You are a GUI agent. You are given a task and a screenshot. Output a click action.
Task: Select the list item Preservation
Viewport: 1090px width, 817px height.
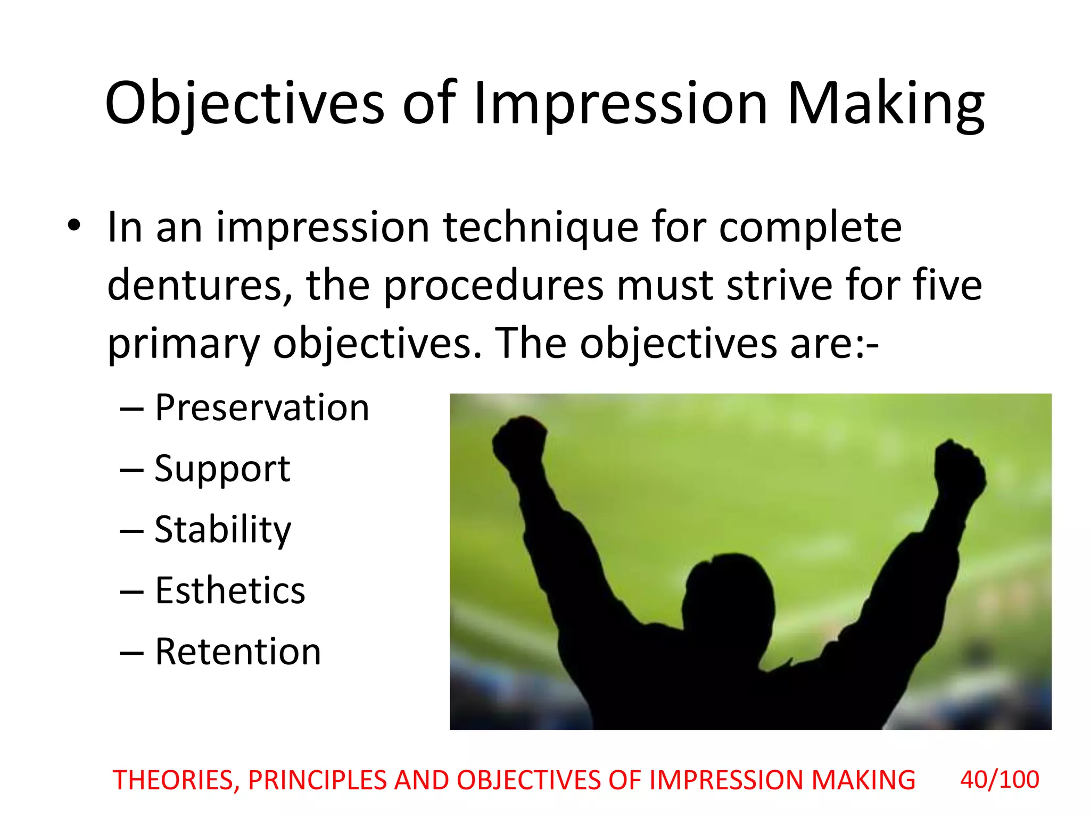262,408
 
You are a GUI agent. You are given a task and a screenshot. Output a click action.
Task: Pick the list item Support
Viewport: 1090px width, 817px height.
222,470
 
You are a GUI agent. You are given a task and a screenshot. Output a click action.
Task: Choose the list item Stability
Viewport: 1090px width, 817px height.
223,530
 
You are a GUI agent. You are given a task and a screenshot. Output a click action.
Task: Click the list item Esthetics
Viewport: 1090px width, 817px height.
230,591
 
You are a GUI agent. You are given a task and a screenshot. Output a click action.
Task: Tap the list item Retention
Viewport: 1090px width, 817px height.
238,652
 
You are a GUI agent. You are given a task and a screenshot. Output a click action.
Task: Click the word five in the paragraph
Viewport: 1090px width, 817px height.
947,286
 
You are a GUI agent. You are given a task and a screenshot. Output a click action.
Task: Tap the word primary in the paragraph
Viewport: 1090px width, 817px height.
184,344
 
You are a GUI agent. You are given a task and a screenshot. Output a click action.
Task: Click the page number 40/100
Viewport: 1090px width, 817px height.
1000,780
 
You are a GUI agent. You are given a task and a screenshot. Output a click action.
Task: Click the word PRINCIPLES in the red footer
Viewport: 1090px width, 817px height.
317,781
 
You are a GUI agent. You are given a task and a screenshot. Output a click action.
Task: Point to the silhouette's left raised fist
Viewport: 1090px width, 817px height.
519,440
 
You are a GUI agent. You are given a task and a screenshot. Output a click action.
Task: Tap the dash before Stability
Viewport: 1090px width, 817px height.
131,531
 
